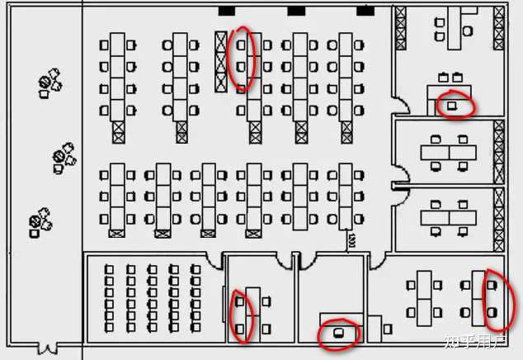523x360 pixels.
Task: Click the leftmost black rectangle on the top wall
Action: pyautogui.click(x=226, y=11)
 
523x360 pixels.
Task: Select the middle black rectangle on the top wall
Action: pyautogui.click(x=296, y=11)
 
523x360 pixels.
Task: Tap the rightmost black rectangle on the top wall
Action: pyautogui.click(x=365, y=11)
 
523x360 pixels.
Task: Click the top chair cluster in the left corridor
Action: pyautogui.click(x=50, y=83)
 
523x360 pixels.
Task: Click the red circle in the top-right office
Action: pyautogui.click(x=455, y=104)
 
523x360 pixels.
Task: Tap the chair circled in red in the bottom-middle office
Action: pyautogui.click(x=339, y=333)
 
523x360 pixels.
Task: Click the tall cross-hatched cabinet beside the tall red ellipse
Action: pyautogui.click(x=221, y=61)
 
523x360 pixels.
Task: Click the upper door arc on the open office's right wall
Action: pyautogui.click(x=399, y=107)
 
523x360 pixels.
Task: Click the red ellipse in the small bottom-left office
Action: pyautogui.click(x=240, y=315)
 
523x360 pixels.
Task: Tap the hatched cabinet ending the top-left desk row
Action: pyautogui.click(x=118, y=130)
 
